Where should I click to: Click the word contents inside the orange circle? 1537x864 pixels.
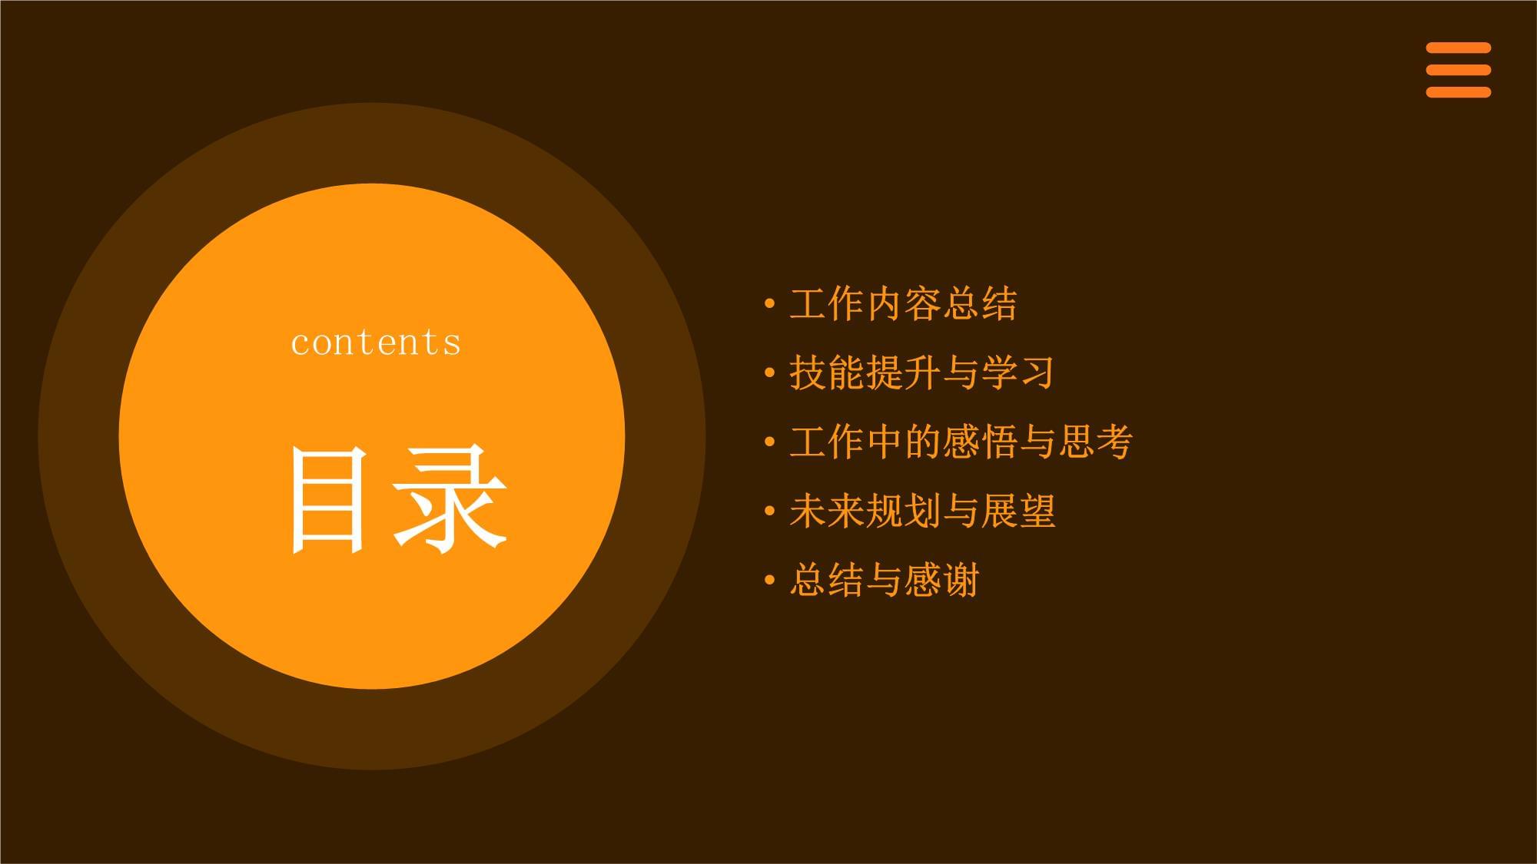(376, 343)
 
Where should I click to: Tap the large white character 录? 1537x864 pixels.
(450, 499)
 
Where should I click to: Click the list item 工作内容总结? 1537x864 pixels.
(904, 304)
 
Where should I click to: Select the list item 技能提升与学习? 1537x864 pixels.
(922, 373)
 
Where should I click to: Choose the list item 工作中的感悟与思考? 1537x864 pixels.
(961, 442)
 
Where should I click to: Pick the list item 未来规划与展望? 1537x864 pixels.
(922, 511)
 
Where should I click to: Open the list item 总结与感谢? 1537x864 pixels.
(885, 581)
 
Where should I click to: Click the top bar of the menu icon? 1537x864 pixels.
(1459, 48)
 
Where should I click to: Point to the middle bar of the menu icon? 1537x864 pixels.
(1459, 70)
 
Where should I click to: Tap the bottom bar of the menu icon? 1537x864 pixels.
(1459, 92)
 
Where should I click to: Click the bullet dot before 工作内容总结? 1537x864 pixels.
(770, 304)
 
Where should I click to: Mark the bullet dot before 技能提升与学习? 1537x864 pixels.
(770, 373)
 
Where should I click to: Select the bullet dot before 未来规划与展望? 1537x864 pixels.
(770, 511)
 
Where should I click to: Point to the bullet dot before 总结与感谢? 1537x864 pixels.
(770, 581)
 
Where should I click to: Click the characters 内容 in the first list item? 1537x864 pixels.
(904, 304)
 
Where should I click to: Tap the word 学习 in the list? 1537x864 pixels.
(1017, 373)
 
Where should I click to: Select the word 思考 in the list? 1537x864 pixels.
(1096, 442)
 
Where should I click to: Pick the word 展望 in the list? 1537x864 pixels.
(1019, 511)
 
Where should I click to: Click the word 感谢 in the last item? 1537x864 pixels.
(942, 581)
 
